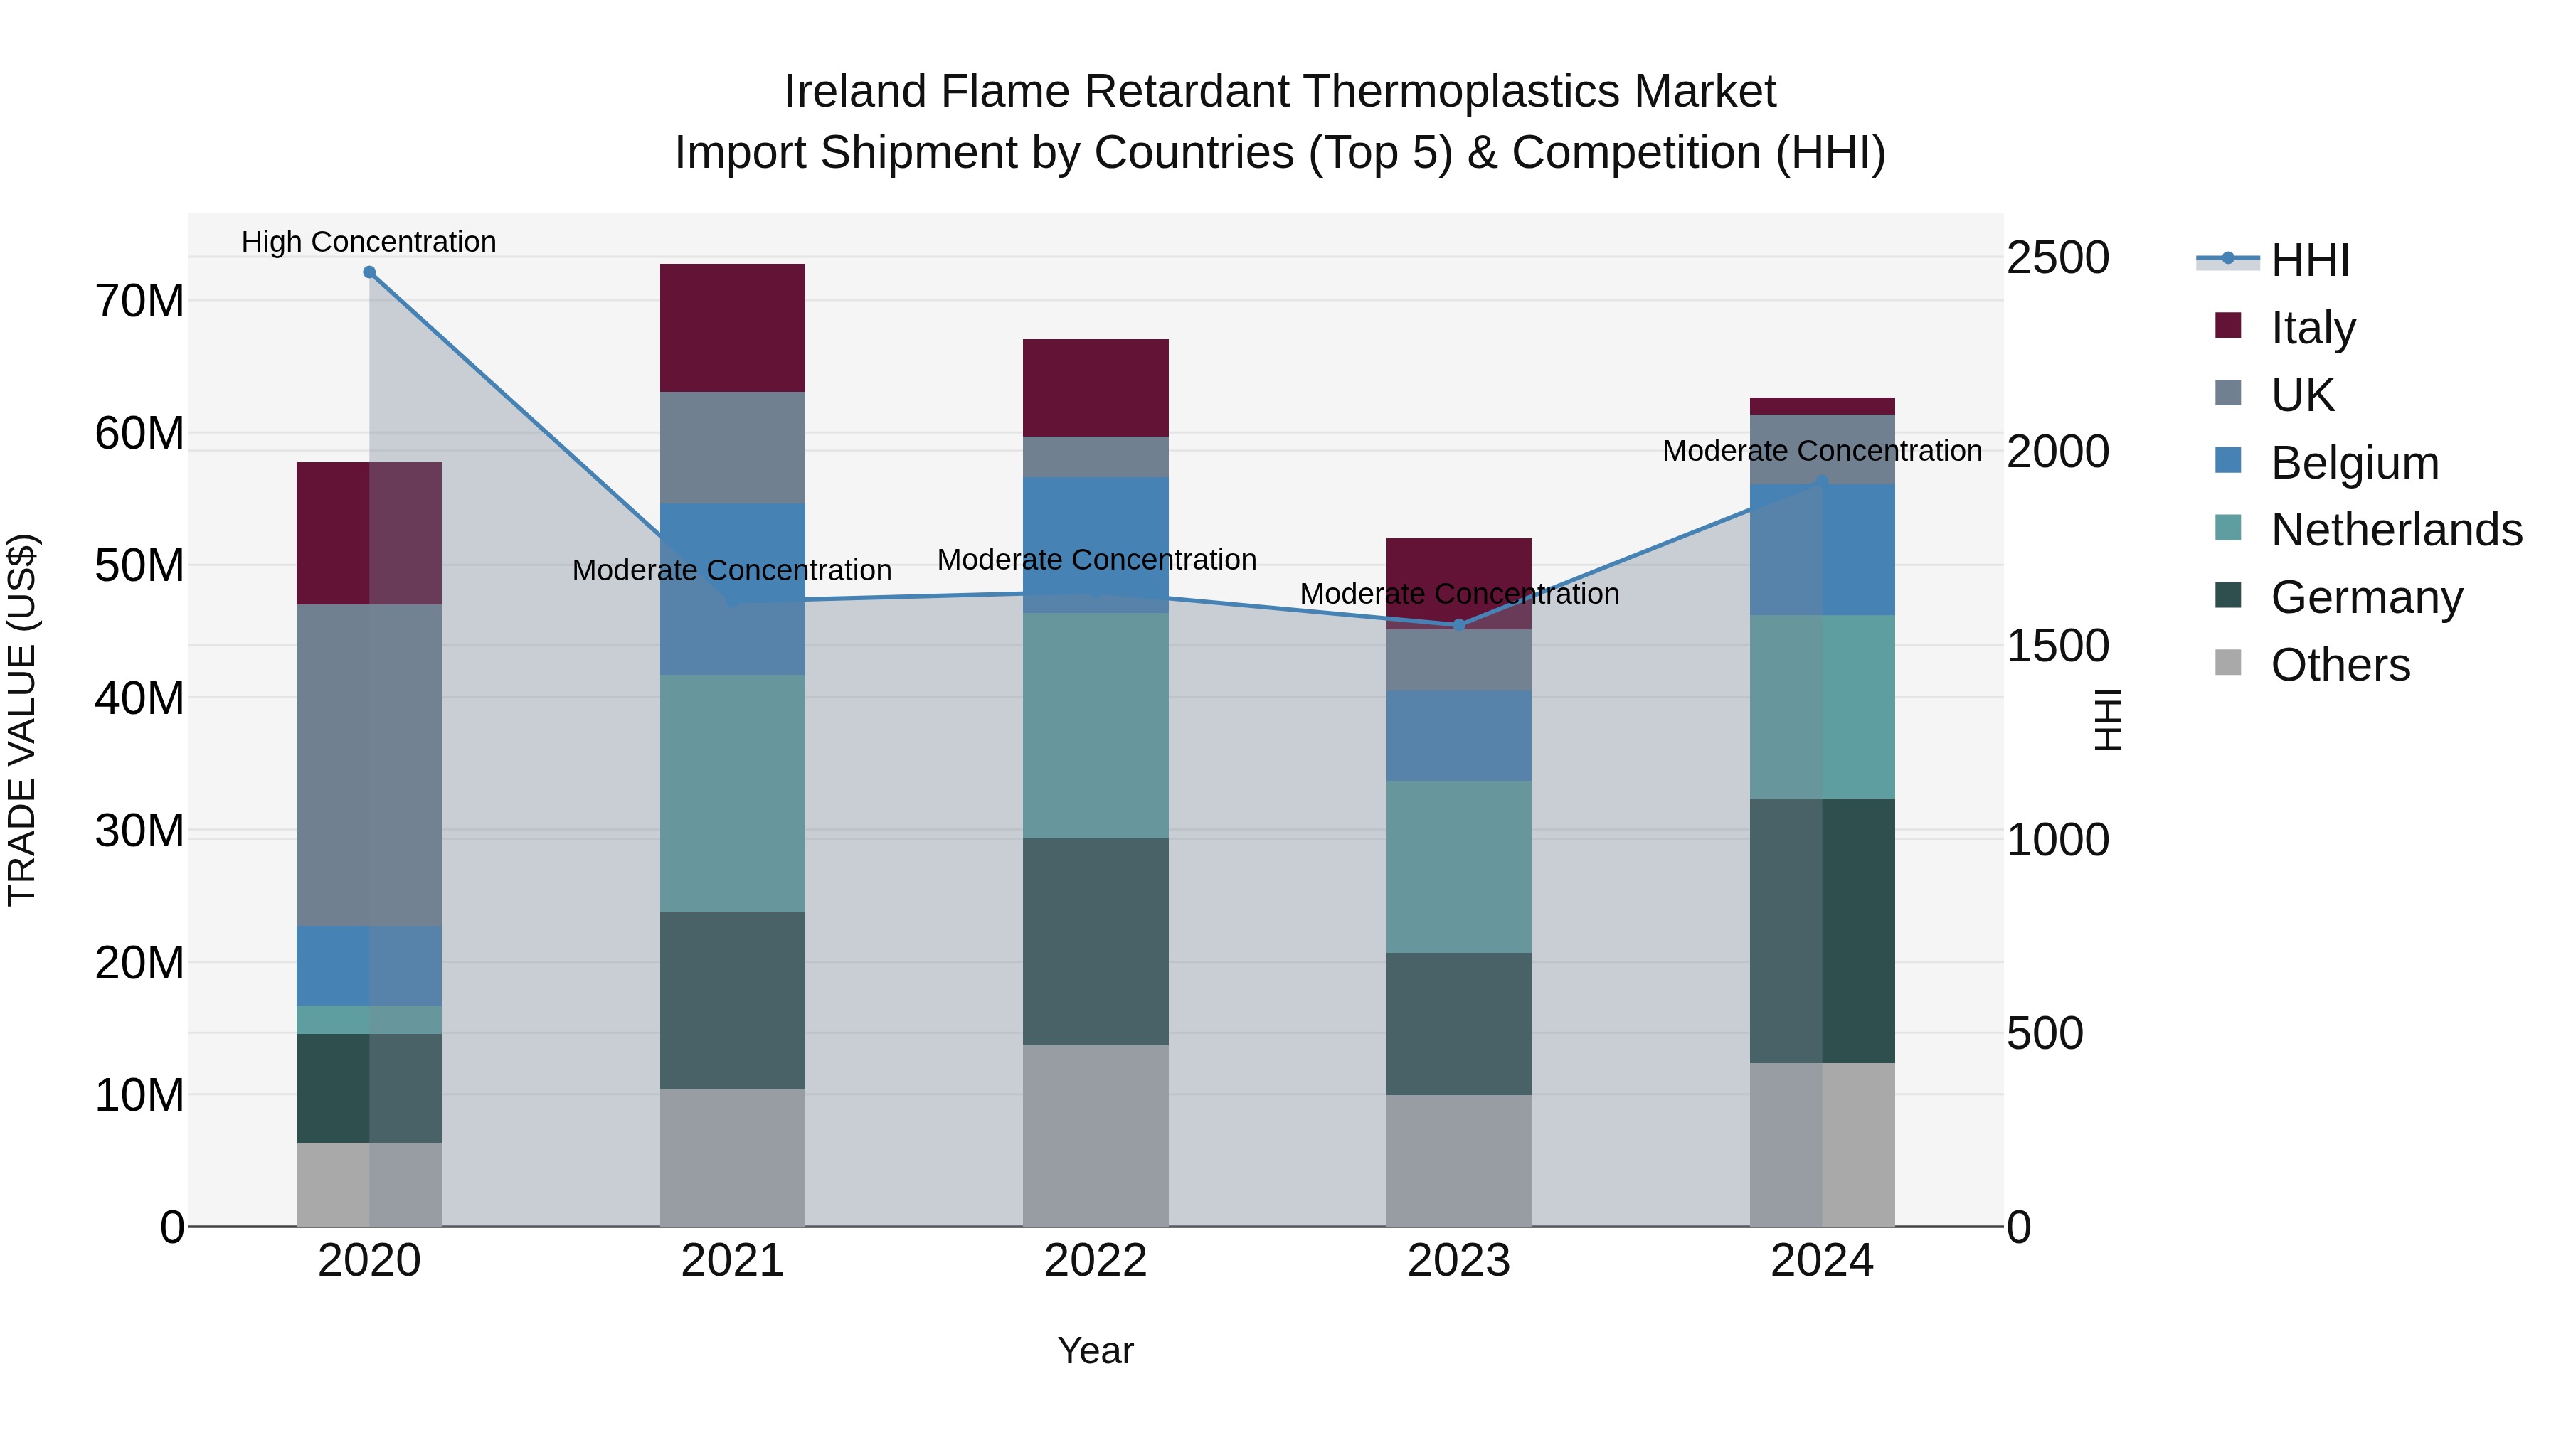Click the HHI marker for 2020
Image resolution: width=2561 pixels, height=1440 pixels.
click(368, 272)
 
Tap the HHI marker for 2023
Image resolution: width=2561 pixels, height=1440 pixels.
click(1458, 625)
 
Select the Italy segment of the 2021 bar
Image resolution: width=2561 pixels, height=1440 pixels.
click(732, 328)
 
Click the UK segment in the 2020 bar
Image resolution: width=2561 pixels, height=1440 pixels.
click(368, 765)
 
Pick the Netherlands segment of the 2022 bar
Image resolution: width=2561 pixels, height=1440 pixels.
click(1096, 725)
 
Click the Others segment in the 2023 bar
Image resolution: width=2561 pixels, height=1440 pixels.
click(1458, 1161)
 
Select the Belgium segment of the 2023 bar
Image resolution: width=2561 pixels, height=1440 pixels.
click(1458, 735)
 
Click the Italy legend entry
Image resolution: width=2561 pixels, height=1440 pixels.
click(2313, 328)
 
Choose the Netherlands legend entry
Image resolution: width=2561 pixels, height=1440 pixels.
click(2396, 530)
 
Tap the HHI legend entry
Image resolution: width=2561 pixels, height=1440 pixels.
click(2309, 260)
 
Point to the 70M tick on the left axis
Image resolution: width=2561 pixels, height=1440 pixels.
click(139, 301)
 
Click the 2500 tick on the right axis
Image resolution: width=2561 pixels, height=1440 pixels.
click(2057, 257)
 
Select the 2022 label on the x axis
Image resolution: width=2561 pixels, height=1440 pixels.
click(1096, 1261)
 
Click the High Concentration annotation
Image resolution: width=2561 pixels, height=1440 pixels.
click(368, 242)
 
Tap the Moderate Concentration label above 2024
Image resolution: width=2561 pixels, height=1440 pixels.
click(1821, 451)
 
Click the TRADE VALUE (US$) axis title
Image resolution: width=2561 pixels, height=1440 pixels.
click(22, 720)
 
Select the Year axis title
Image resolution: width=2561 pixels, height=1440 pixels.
click(1096, 1350)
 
